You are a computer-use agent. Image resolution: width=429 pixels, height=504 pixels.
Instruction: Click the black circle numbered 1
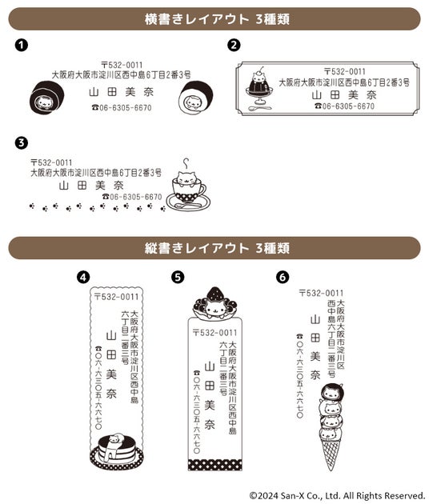point(22,45)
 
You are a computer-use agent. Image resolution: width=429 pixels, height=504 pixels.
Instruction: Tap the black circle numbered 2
point(234,45)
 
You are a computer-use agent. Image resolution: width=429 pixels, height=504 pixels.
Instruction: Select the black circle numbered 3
point(22,142)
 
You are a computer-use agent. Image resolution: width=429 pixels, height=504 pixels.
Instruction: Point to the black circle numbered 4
point(83,277)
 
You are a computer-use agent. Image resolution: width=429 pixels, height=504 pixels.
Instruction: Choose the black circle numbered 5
point(178,277)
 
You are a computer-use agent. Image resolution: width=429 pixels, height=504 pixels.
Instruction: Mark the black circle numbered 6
point(283,277)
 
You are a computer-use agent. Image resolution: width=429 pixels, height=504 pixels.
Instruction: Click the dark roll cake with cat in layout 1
point(46,97)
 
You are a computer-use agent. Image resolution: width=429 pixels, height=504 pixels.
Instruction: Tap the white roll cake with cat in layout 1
point(195,97)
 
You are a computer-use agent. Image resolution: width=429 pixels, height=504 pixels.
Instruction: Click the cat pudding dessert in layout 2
point(259,87)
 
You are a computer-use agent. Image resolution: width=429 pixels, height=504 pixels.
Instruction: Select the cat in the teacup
point(186,178)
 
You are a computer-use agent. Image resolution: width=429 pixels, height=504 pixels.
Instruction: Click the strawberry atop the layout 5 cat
point(214,293)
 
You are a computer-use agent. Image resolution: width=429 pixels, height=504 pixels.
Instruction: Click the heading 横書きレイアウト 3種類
point(217,19)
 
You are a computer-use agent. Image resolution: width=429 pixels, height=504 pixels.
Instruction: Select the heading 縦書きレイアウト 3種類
point(217,248)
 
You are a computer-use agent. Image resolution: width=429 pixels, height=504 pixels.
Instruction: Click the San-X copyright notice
point(337,495)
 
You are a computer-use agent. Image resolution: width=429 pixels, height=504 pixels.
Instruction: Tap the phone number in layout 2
point(344,106)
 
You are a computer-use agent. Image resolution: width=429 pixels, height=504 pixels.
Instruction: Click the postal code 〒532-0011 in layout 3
point(51,162)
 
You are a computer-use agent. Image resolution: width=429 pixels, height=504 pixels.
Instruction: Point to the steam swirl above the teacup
point(186,163)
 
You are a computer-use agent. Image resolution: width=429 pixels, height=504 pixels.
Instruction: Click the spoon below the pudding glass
point(260,108)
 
